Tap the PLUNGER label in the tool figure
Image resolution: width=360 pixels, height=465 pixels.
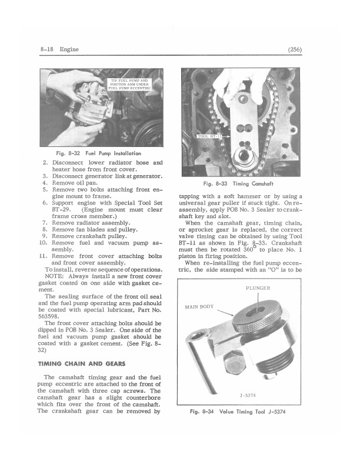258,288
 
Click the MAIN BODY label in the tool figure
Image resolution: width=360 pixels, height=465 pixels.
199,307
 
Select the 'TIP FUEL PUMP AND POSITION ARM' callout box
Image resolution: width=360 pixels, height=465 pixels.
127,84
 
